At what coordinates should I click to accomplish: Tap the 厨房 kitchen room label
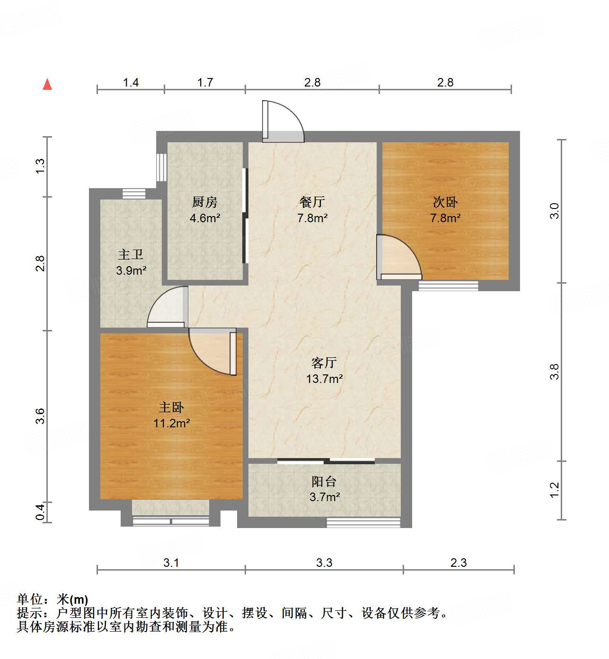(205, 202)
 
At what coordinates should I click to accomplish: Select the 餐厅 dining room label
(312, 202)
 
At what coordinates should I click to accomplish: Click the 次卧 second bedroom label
(445, 202)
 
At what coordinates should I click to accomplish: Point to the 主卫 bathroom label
(131, 255)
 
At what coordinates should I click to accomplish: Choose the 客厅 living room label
(324, 363)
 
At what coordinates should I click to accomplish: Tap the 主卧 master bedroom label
(171, 407)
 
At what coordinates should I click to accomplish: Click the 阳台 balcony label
(324, 482)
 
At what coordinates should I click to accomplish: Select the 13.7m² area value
(324, 379)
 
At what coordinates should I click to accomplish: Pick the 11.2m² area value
(171, 423)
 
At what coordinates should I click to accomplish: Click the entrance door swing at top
(283, 121)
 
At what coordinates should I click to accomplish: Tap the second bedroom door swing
(398, 257)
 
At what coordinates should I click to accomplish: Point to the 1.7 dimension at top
(205, 83)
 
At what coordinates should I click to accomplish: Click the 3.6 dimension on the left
(40, 416)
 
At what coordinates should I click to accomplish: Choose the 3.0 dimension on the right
(555, 211)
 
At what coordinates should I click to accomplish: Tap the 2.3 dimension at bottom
(458, 563)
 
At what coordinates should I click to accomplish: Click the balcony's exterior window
(363, 522)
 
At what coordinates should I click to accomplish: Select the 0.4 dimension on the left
(40, 512)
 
